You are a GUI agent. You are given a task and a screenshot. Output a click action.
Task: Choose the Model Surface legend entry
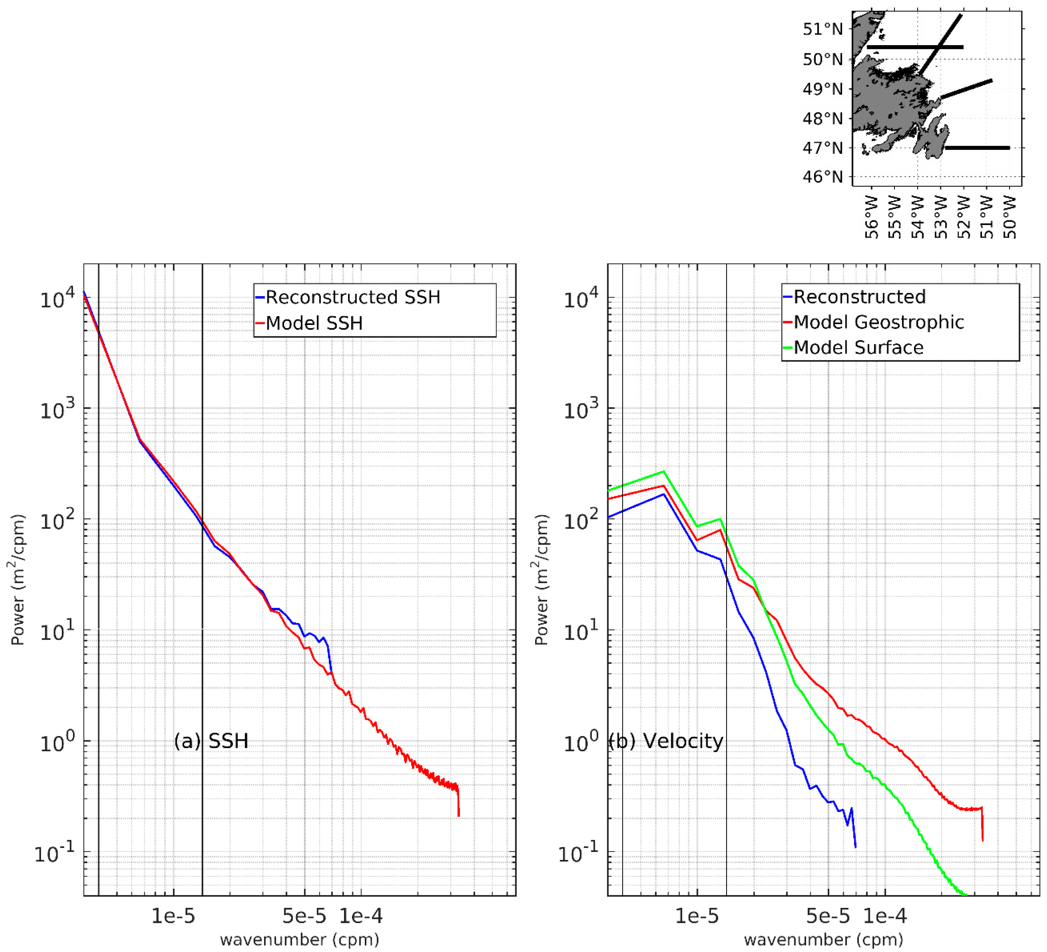click(x=859, y=348)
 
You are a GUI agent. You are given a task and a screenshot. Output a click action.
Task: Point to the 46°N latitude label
click(x=823, y=177)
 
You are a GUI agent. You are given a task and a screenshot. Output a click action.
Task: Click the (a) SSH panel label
click(x=211, y=741)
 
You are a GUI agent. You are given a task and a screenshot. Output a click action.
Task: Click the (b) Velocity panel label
click(x=666, y=741)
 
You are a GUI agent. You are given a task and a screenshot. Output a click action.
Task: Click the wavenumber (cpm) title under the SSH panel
click(x=300, y=939)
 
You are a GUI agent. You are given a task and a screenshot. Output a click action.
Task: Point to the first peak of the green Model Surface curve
click(x=664, y=471)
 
